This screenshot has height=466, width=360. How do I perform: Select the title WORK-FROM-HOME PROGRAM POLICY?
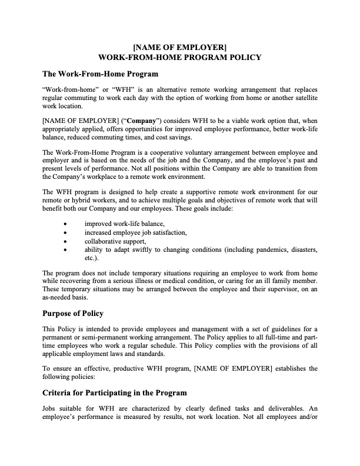coord(180,57)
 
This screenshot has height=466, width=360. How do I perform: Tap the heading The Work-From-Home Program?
coord(100,75)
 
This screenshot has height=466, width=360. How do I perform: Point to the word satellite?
coord(303,98)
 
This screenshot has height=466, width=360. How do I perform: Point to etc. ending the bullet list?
coord(91,258)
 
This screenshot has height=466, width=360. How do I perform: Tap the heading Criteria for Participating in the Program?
coord(115,392)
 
